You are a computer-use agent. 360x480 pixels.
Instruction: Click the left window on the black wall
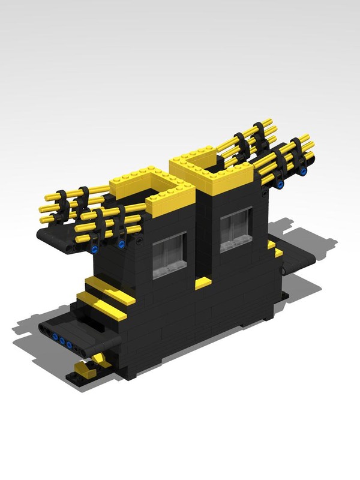click(169, 255)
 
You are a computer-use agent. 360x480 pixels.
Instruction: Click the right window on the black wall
click(235, 230)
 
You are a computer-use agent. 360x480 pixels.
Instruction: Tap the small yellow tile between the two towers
click(203, 283)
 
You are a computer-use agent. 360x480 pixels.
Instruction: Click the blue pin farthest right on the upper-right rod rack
click(304, 172)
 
